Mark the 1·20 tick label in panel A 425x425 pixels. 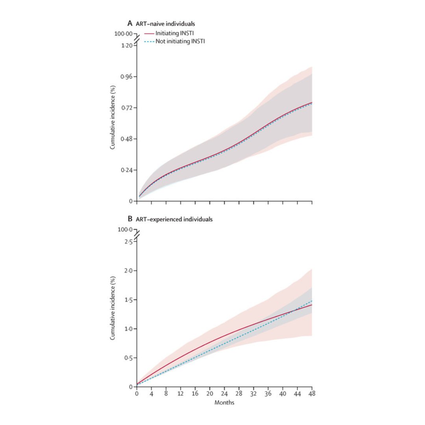126,46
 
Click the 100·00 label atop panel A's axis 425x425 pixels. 123,34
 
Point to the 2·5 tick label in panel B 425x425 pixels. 128,242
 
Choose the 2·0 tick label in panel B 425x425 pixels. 128,271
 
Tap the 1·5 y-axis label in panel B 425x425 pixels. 128,300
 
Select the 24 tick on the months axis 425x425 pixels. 224,394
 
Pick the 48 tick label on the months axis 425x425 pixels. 312,394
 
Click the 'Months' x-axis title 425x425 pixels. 224,403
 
